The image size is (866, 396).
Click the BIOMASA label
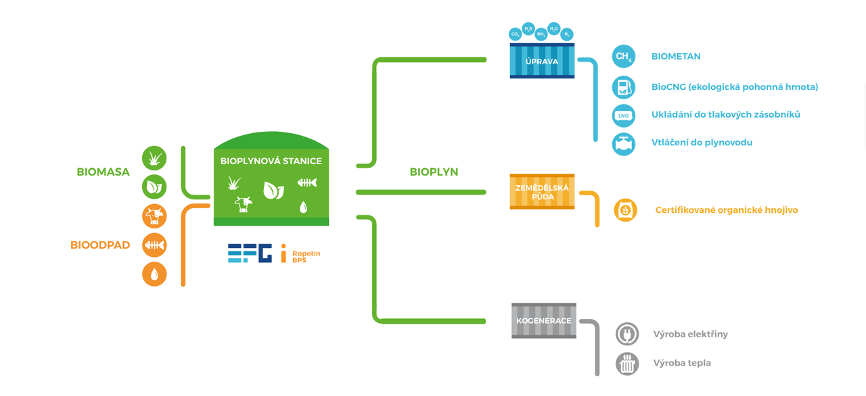coord(103,172)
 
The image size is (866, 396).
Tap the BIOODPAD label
coord(100,245)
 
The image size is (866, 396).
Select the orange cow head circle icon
coord(154,216)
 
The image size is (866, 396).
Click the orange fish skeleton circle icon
coord(154,245)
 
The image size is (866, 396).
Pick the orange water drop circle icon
coord(154,274)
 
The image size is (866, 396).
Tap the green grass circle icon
coord(154,158)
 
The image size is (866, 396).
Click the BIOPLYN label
coord(434,172)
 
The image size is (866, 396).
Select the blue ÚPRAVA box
coord(542,61)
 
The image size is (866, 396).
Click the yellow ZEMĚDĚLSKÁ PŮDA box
coord(542,191)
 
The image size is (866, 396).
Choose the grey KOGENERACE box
coord(544,320)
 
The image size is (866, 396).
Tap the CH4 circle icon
coord(624,57)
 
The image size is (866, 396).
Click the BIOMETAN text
coord(676,57)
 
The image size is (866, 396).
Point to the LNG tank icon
coord(624,116)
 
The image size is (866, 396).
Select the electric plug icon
coord(627,334)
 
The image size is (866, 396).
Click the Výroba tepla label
coord(682,363)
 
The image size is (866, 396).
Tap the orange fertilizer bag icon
coord(625,210)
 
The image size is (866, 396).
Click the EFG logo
coord(250,253)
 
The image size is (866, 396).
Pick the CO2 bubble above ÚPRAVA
coord(515,33)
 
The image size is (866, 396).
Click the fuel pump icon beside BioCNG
coord(624,87)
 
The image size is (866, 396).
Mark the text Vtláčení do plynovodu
coord(702,143)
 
